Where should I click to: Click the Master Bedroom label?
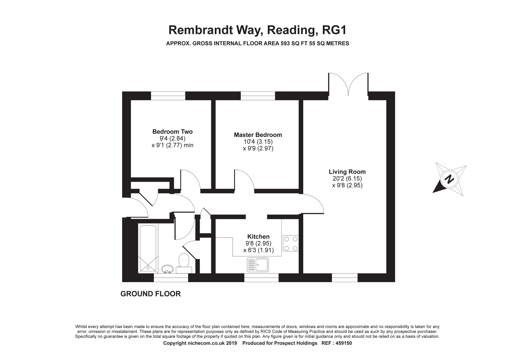(x=258, y=135)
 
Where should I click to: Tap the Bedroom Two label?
(x=173, y=132)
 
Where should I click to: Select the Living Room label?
(x=347, y=172)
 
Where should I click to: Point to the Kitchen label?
(x=258, y=237)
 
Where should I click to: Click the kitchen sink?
(x=258, y=265)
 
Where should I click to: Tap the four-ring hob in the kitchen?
(x=290, y=243)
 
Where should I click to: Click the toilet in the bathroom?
(x=184, y=263)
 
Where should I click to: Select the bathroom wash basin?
(x=167, y=269)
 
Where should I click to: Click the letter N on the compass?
(x=450, y=179)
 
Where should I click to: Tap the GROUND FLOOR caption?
(x=151, y=294)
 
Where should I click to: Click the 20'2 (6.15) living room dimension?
(x=347, y=178)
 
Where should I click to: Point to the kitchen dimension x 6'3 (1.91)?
(x=258, y=250)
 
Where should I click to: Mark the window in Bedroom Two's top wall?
(x=168, y=96)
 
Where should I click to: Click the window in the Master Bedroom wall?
(x=258, y=96)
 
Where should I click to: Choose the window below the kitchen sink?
(x=261, y=278)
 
